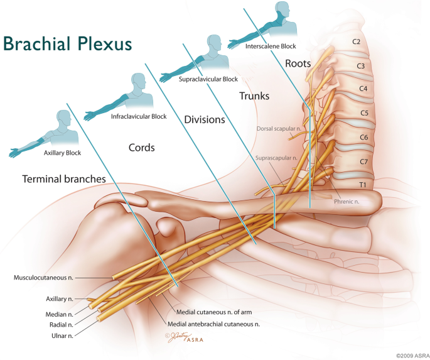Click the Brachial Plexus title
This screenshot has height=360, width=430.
point(67,44)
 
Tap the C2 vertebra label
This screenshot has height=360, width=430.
point(356,41)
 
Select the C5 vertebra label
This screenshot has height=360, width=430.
point(364,112)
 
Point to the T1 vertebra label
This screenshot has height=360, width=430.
point(363,185)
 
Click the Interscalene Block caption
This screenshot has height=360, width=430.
point(271,46)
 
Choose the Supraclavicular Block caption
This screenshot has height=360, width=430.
point(208,79)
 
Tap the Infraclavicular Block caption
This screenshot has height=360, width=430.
point(139,117)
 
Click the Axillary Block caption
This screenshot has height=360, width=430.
point(63,153)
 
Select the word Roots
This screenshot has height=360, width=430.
point(298,63)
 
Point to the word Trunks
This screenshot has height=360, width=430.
point(254,96)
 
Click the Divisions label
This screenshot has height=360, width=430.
point(205,119)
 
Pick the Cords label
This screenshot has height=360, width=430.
point(141,148)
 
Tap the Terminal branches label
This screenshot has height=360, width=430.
point(64,179)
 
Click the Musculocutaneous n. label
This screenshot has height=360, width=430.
point(43,278)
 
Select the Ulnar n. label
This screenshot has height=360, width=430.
point(63,335)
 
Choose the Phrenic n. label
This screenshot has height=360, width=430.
point(347,202)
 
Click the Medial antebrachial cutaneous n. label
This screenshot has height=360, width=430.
point(213,324)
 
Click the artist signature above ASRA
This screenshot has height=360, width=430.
point(178,337)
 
